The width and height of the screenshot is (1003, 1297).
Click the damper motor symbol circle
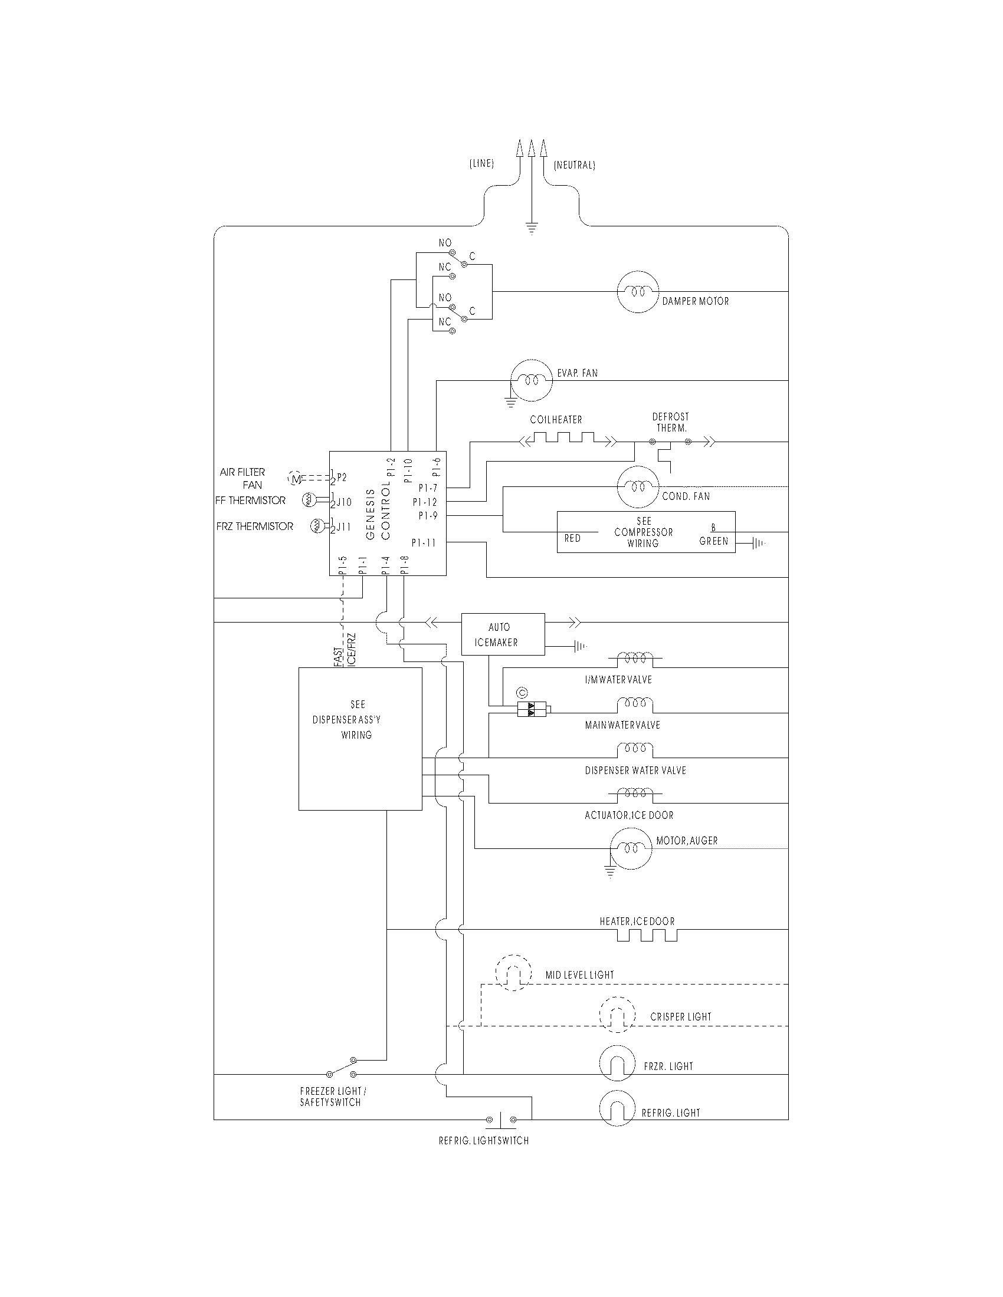638,292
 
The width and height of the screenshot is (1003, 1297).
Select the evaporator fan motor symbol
531,380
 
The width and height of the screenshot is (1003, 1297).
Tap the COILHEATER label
556,420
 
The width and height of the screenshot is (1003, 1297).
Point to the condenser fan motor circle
638,487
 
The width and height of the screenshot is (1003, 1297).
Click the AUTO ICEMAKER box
503,634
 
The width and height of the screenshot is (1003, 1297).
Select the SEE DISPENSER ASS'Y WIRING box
360,738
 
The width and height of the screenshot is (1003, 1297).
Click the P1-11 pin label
424,542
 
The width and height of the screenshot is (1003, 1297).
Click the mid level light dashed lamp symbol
513,973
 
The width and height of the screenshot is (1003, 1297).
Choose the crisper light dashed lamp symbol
617,1015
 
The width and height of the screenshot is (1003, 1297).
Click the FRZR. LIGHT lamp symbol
617,1064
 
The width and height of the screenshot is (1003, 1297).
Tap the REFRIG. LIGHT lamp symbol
617,1109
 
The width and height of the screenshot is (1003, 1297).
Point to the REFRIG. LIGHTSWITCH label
484,1141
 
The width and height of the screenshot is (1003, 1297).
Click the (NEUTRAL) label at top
574,165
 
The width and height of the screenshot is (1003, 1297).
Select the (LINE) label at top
481,163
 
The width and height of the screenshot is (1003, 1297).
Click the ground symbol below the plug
532,228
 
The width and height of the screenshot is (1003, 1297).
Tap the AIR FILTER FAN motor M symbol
296,478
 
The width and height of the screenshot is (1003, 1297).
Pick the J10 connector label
344,502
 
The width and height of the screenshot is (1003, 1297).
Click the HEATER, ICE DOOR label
637,921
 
